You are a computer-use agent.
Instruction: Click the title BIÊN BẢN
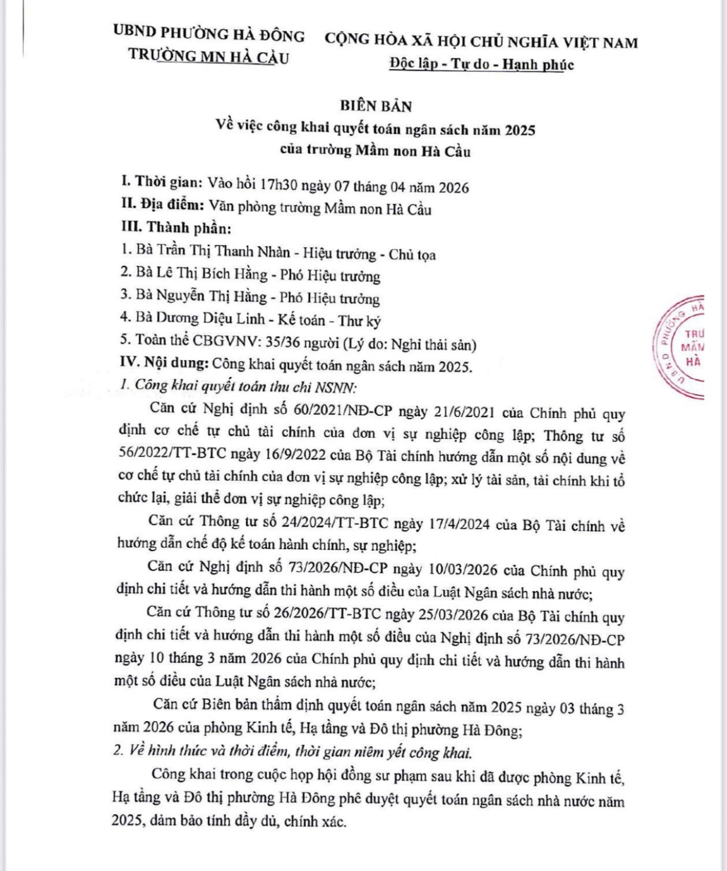pos(376,106)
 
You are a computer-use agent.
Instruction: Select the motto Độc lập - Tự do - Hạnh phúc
pos(481,64)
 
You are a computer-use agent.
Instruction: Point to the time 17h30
pos(279,186)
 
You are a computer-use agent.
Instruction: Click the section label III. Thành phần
pos(175,228)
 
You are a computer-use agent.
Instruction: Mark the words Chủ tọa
pos(412,254)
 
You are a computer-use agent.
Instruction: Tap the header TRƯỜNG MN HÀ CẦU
pos(208,56)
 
